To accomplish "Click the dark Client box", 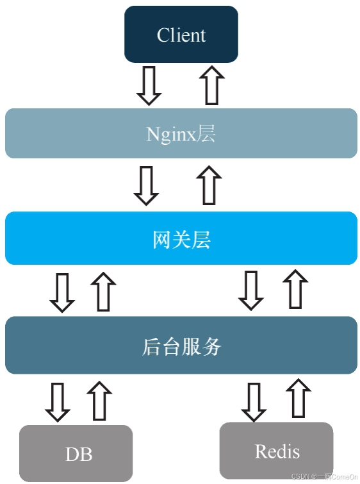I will (x=181, y=35).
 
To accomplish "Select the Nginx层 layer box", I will (x=181, y=133).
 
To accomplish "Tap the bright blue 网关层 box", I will (x=181, y=238).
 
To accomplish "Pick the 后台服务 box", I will (x=181, y=345).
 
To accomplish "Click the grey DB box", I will (x=76, y=453).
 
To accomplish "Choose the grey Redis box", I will (x=276, y=450).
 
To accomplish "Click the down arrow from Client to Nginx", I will (x=149, y=87).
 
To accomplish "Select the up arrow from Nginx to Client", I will (x=212, y=87).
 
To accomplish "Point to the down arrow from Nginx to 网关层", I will (x=145, y=186).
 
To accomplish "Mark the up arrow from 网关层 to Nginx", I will (x=209, y=186).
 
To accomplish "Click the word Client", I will (x=181, y=35).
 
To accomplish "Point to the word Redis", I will (x=277, y=451).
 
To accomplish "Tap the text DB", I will (x=79, y=455).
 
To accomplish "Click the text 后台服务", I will (x=181, y=347).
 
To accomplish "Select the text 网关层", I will (x=182, y=240).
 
